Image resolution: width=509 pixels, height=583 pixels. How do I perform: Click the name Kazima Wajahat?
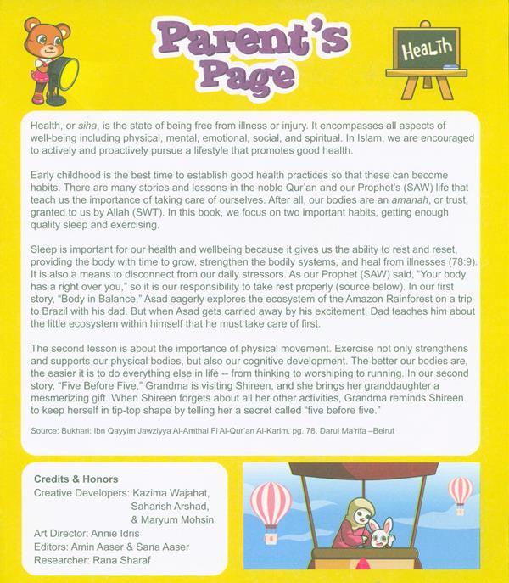[x=179, y=493]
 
